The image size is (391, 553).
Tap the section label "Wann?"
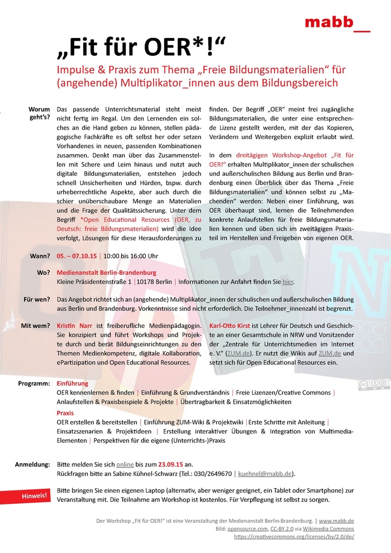(40, 256)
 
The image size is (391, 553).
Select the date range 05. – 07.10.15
(77, 256)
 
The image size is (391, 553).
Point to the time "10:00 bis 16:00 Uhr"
(131, 256)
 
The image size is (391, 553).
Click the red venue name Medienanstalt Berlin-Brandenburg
(107, 273)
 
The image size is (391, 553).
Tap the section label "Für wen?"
(37, 299)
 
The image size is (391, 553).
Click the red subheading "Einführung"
(73, 384)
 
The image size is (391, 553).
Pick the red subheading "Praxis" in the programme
(65, 413)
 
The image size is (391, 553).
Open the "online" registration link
(125, 464)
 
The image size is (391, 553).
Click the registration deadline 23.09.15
(171, 464)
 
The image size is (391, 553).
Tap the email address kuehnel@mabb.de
(265, 474)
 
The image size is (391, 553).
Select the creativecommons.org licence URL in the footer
(294, 536)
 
